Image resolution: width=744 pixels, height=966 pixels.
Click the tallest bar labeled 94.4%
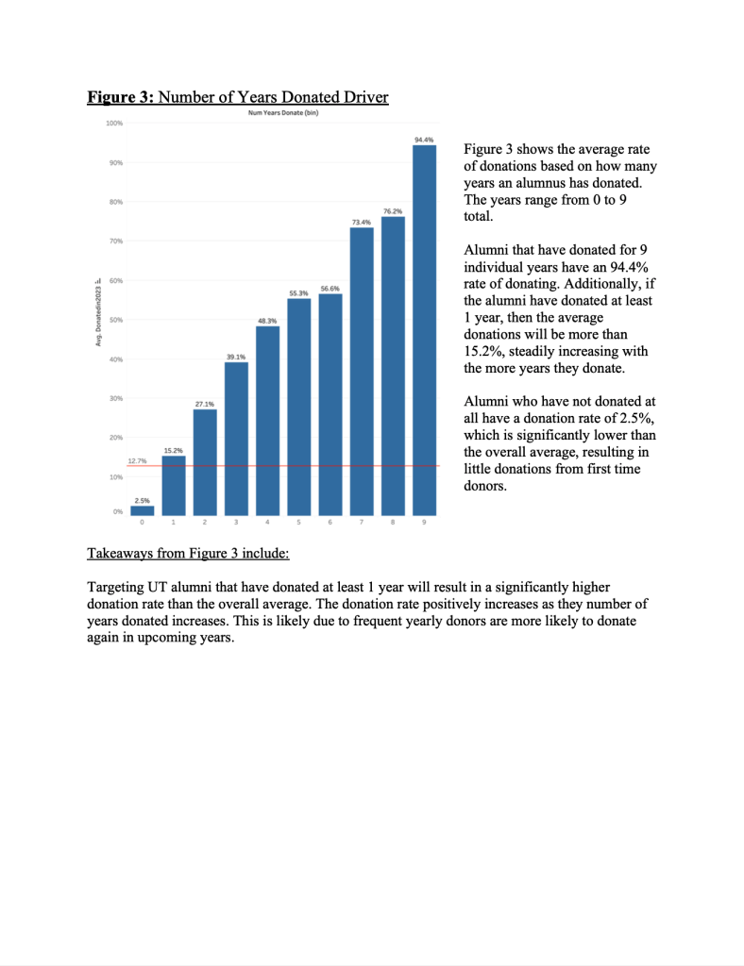coord(425,330)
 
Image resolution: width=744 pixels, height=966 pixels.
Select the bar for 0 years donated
coord(142,510)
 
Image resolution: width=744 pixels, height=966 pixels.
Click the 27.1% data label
coord(204,403)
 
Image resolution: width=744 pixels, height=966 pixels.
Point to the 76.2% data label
coord(393,210)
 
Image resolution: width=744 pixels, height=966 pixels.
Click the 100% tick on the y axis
coord(113,124)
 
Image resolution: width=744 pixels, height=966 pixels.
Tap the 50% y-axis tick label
coord(115,321)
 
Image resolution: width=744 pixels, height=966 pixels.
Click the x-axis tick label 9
coord(425,523)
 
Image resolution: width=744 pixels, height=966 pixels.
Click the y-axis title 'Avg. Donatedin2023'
coord(97,311)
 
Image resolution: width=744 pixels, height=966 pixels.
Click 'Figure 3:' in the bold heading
coord(119,97)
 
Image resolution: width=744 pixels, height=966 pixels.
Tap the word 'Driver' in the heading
coord(364,97)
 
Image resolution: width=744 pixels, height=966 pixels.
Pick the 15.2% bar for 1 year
coord(173,487)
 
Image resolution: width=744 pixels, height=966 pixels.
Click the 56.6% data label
coord(330,287)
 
